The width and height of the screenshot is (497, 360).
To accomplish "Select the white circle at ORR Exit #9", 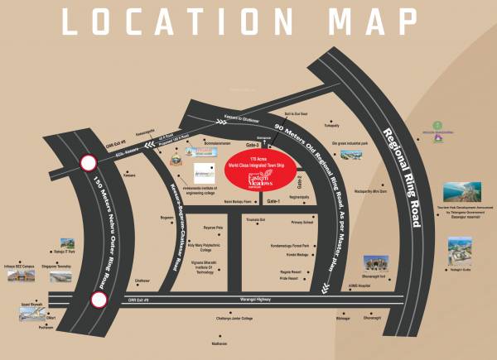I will pyautogui.click(x=99, y=300).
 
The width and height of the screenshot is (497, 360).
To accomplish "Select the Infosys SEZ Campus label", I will pyautogui.click(x=22, y=270).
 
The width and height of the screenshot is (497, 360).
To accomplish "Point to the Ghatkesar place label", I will pyautogui.click(x=142, y=281).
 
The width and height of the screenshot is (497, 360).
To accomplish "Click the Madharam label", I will pyautogui.click(x=241, y=342).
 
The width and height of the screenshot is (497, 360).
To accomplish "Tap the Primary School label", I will pyautogui.click(x=301, y=223).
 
